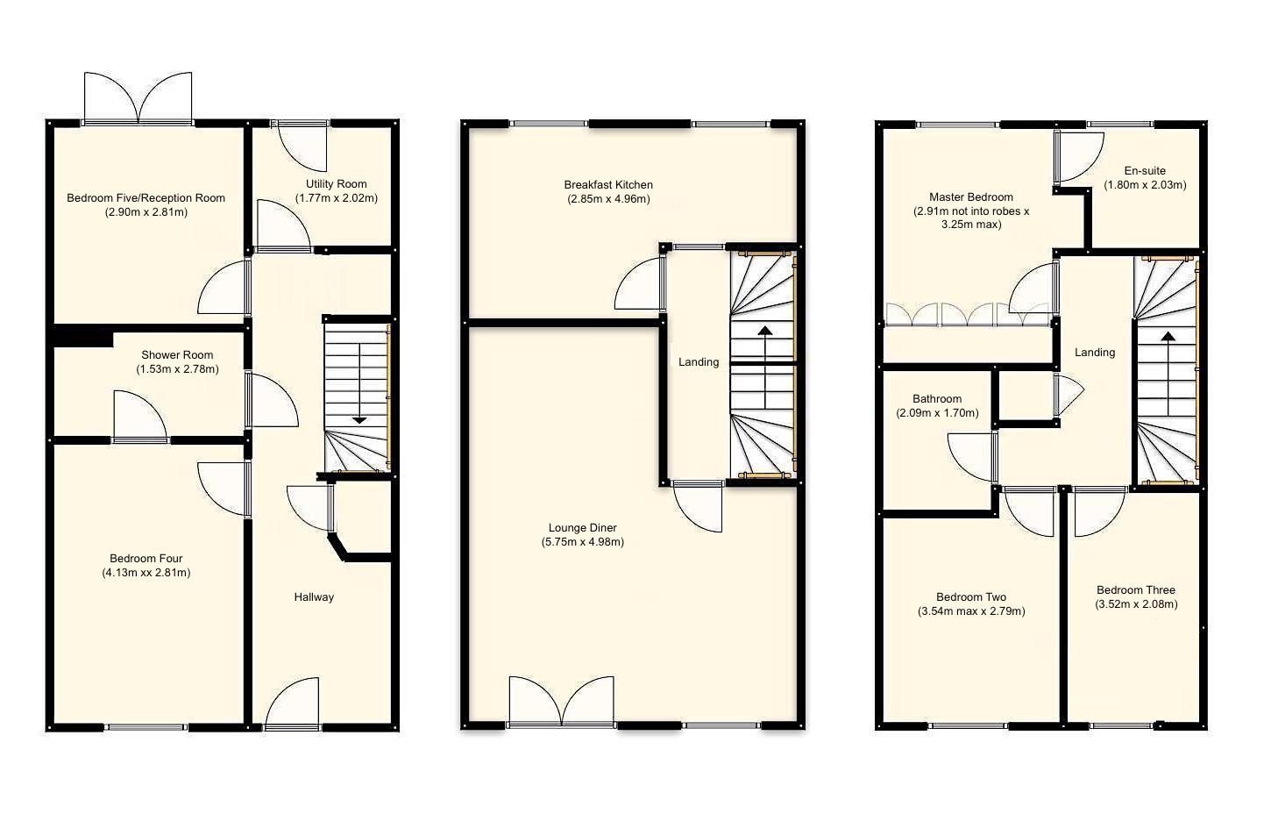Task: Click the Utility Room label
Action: [336, 184]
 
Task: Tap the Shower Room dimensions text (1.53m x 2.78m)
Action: [177, 369]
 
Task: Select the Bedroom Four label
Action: [146, 559]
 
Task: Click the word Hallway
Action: [314, 597]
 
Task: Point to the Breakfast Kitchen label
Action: [608, 185]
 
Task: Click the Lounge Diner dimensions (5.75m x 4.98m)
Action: [583, 542]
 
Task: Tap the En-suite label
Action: [1145, 171]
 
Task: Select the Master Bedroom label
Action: [970, 197]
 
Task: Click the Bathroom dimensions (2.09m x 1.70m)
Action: [937, 413]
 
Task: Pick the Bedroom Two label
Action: [971, 597]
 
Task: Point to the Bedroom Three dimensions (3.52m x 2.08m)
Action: [1136, 604]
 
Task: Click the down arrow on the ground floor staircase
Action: [359, 418]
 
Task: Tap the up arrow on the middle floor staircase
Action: [765, 332]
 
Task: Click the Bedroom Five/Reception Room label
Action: [146, 198]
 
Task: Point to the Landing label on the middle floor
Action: [699, 362]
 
